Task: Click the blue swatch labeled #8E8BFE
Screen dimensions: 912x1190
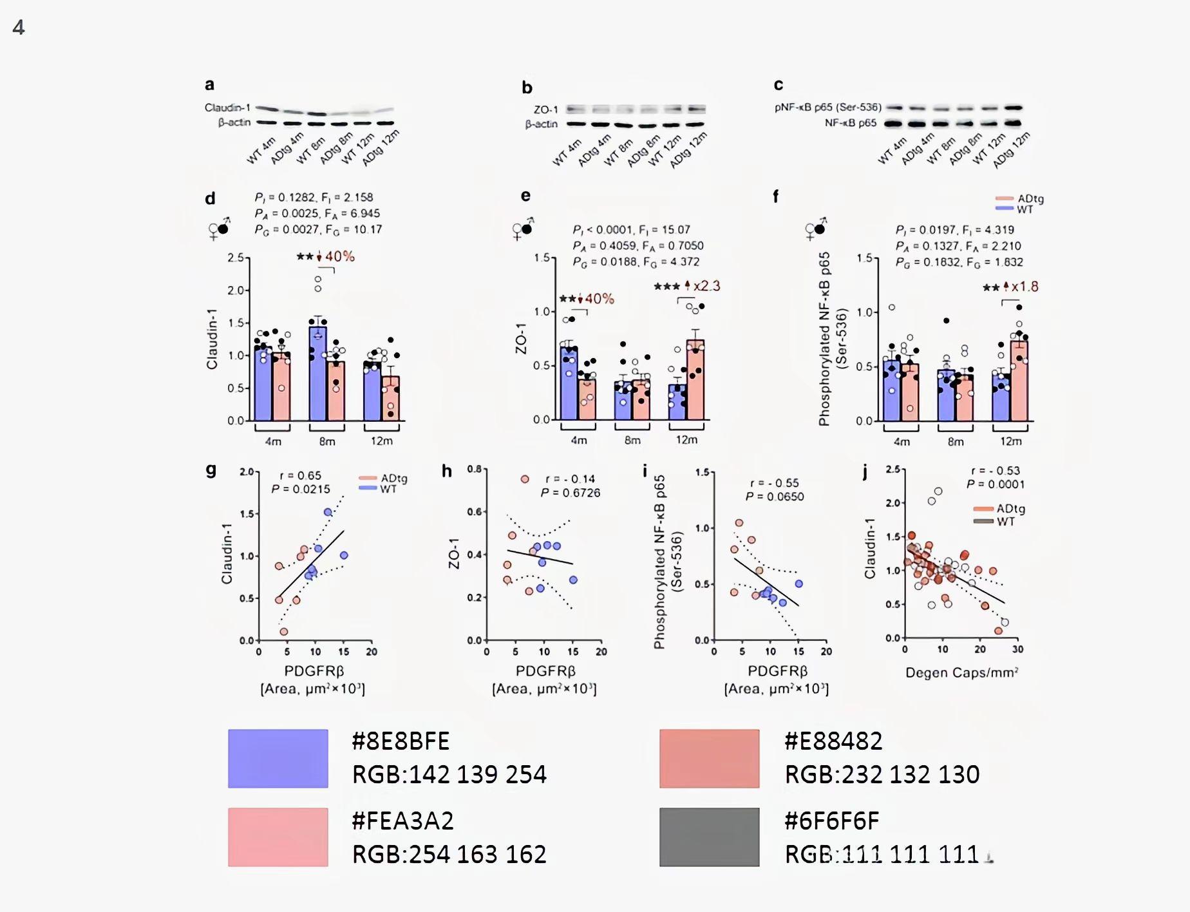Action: point(278,758)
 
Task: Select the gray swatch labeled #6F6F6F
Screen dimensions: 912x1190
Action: point(709,837)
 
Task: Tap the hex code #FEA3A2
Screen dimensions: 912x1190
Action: point(402,821)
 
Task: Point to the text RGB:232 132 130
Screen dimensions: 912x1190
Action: point(882,774)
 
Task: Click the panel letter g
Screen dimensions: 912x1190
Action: point(211,470)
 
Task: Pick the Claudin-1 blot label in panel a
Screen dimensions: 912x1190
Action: point(227,108)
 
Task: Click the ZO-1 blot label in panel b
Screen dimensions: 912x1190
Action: point(545,109)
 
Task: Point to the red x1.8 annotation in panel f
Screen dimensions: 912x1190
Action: point(1024,287)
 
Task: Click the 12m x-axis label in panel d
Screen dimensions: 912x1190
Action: point(381,441)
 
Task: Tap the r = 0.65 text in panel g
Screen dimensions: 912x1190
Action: point(300,475)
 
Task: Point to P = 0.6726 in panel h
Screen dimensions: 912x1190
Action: point(570,493)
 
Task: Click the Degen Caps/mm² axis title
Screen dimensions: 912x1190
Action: point(961,673)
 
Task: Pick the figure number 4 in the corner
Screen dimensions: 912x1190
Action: point(19,27)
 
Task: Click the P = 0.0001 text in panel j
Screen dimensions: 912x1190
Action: point(995,484)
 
